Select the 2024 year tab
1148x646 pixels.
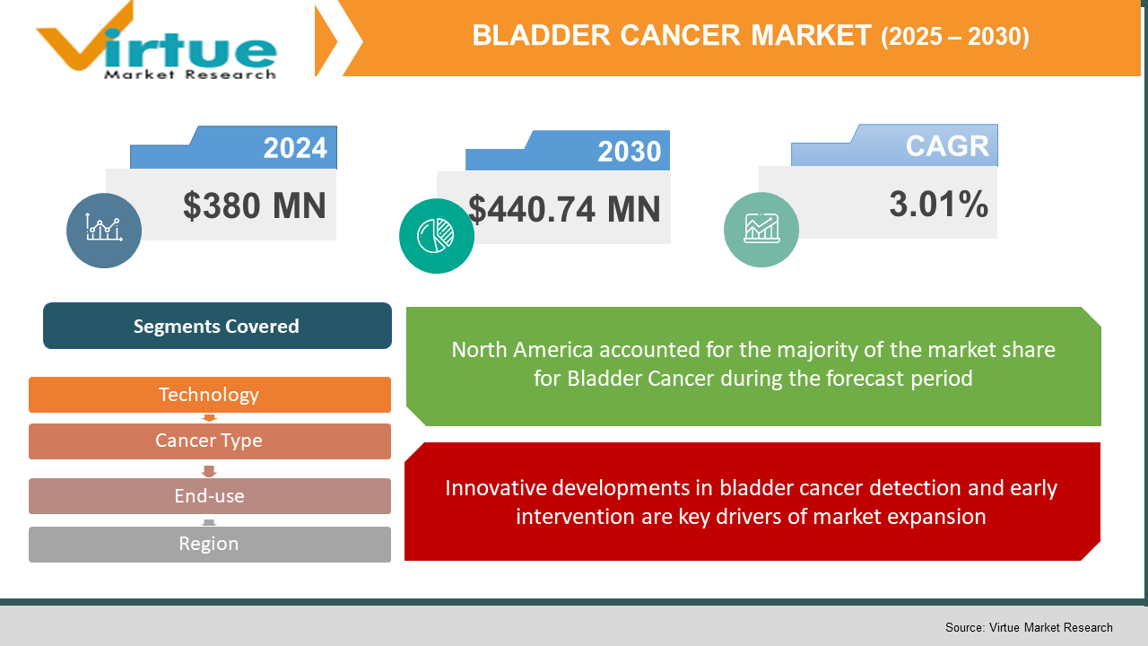click(x=294, y=148)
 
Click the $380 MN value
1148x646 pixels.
click(x=254, y=205)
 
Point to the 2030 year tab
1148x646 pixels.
click(x=629, y=152)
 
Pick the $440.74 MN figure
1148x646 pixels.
click(x=564, y=209)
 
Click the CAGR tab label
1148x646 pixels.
click(x=946, y=146)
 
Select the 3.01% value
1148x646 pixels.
click(x=938, y=205)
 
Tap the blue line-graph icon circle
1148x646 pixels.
click(x=104, y=230)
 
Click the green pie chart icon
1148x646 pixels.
click(x=437, y=235)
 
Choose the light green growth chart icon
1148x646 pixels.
click(x=761, y=230)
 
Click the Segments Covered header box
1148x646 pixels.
click(x=216, y=326)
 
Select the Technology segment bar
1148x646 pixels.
click(x=209, y=395)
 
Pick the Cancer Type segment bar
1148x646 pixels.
click(x=209, y=441)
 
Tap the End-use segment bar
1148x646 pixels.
click(x=209, y=496)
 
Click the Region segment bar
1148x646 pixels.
click(x=209, y=544)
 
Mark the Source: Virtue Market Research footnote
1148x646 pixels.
click(x=1028, y=627)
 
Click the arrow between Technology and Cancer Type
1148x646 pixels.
click(x=209, y=418)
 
